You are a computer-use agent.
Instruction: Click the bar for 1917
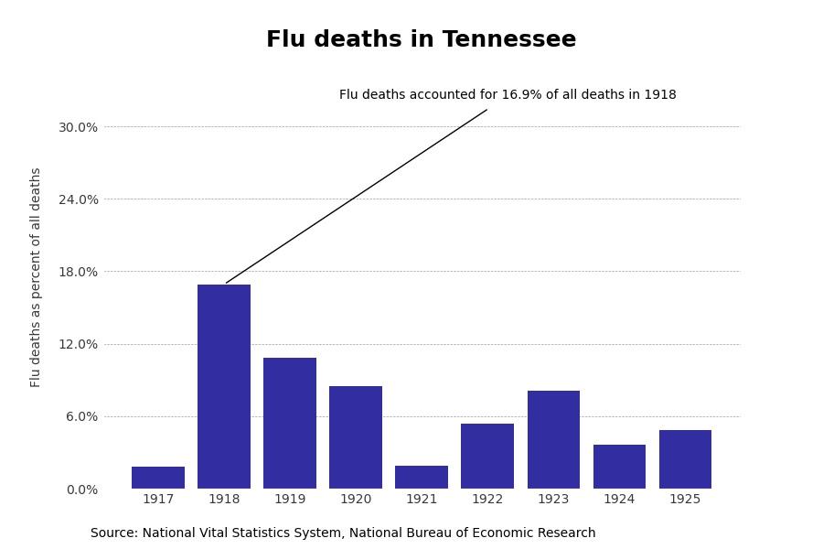point(158,478)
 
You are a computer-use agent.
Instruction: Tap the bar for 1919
point(290,423)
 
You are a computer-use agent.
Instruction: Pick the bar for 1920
point(356,437)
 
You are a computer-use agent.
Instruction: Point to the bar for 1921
point(422,478)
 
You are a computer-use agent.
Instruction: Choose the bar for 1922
point(487,456)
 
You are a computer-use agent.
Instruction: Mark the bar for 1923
point(553,439)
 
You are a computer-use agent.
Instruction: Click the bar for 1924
point(619,467)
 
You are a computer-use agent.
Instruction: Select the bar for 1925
point(685,459)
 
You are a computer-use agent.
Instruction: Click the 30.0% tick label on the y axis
point(78,127)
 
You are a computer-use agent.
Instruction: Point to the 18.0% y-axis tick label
point(78,272)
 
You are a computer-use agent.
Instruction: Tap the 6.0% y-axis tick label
point(81,416)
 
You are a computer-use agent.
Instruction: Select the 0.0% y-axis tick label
point(81,490)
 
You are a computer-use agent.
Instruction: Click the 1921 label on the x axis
point(422,500)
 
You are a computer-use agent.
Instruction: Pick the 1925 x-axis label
point(685,500)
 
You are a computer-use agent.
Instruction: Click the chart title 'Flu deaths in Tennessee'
point(421,40)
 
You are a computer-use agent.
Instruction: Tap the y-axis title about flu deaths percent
point(37,276)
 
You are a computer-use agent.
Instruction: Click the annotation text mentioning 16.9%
point(508,95)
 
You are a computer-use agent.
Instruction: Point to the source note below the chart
point(343,533)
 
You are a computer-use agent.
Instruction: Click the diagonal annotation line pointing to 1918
point(357,196)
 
